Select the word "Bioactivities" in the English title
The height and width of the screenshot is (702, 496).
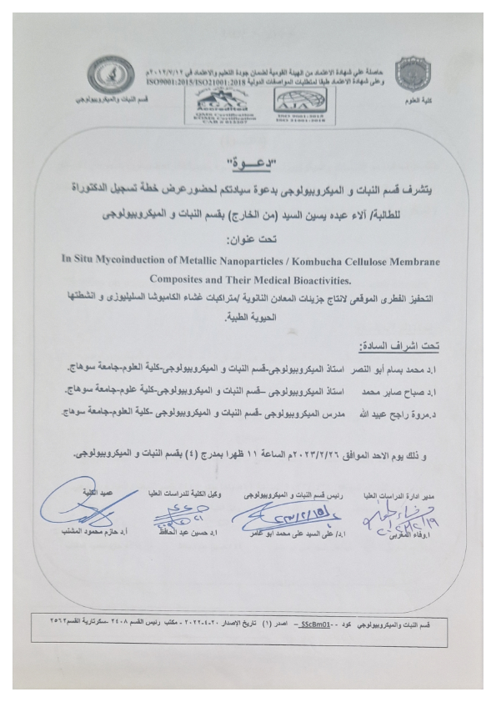pyautogui.click(x=343, y=276)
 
